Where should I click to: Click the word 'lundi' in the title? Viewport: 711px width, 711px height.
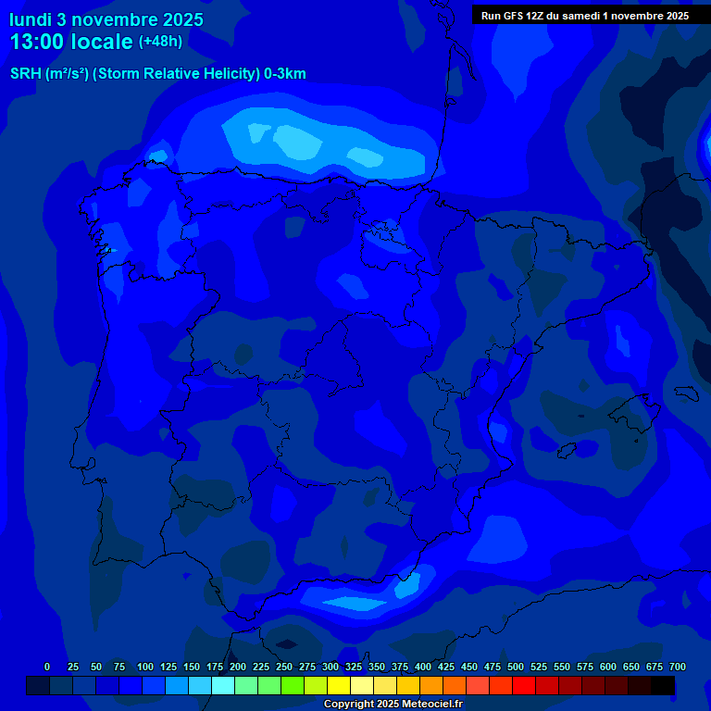point(31,19)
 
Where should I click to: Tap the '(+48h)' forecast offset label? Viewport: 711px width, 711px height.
point(160,42)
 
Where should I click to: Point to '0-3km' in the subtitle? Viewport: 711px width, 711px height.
point(284,74)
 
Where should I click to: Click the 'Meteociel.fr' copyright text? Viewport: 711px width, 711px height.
point(422,705)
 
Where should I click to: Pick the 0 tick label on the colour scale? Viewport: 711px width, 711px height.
point(47,667)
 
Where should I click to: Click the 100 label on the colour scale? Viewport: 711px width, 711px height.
point(145,667)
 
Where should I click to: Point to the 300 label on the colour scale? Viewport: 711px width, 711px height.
point(331,667)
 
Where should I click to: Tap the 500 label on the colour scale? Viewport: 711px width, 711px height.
point(516,667)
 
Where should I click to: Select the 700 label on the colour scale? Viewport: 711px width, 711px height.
point(678,667)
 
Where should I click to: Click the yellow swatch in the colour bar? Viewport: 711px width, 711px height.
point(339,686)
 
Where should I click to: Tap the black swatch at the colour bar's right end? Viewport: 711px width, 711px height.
point(663,686)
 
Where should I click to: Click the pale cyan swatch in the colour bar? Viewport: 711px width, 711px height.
point(223,686)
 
